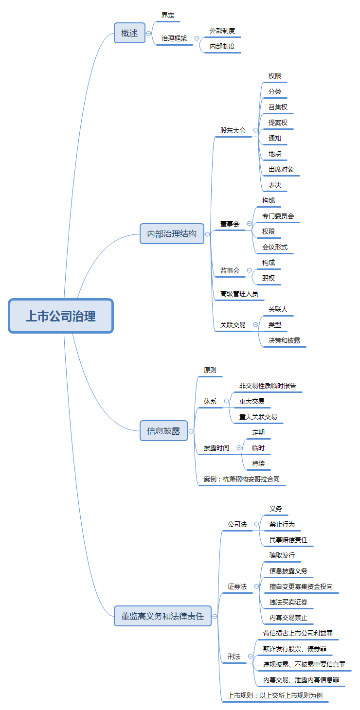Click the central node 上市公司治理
[x=61, y=316]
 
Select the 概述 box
[x=129, y=33]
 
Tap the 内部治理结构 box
[x=172, y=234]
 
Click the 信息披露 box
[x=163, y=431]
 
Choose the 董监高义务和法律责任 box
[x=162, y=616]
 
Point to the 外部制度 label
[x=222, y=31]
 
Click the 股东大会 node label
[x=233, y=130]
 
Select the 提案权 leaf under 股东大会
[x=278, y=123]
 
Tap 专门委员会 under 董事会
[x=278, y=216]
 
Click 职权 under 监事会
[x=269, y=278]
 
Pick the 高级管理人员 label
[x=239, y=294]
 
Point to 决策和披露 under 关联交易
[x=284, y=340]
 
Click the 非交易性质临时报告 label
[x=268, y=386]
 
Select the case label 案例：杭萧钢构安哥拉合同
[x=241, y=479]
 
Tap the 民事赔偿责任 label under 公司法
[x=288, y=540]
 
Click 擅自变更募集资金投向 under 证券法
[x=301, y=586]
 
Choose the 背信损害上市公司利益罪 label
[x=298, y=633]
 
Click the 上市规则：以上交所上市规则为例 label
[x=275, y=695]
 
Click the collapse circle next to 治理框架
[x=197, y=38]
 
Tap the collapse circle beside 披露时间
[x=239, y=448]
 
